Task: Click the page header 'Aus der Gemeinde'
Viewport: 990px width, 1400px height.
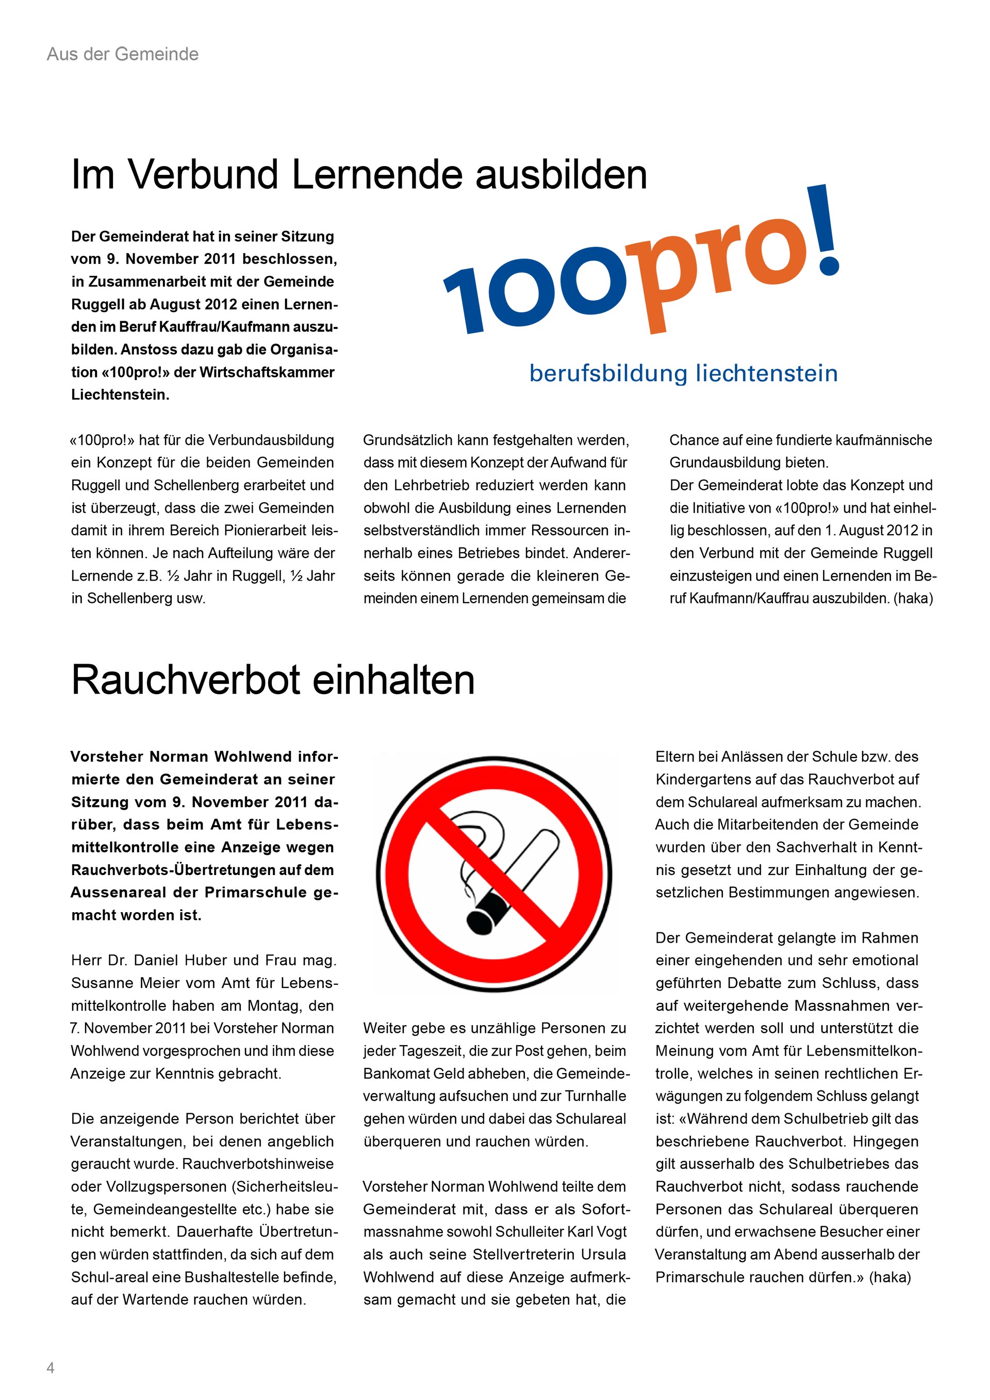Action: tap(123, 54)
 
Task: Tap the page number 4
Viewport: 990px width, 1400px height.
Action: tap(51, 1368)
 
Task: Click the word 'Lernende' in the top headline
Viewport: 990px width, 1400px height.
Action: tap(377, 175)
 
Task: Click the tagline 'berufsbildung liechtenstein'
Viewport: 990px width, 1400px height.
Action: tap(683, 373)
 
